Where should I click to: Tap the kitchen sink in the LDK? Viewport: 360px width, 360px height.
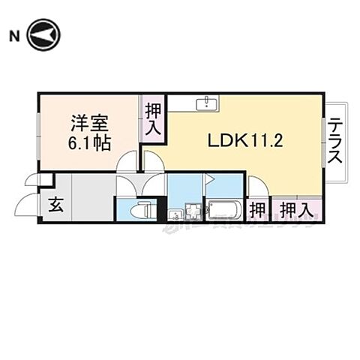(205, 103)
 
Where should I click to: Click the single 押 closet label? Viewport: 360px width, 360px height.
(258, 208)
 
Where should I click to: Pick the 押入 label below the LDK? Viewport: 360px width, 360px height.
(296, 208)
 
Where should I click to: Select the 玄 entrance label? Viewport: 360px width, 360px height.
(56, 204)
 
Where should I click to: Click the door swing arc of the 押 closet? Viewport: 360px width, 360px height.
(255, 183)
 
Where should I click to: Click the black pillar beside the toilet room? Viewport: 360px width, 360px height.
(161, 208)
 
